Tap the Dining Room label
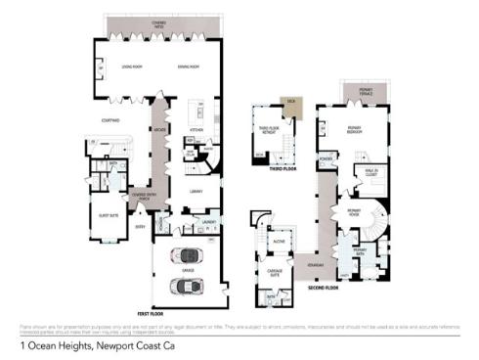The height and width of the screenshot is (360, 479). (189, 66)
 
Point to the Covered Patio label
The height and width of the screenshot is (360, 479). (157, 21)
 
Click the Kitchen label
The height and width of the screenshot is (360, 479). (195, 128)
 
